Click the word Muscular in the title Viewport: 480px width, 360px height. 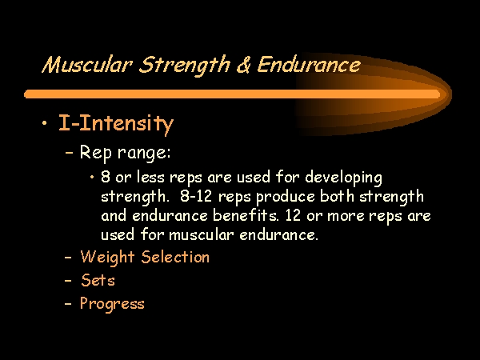pos(87,64)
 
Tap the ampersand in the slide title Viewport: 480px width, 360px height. pos(243,64)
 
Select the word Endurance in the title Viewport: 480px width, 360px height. pos(309,64)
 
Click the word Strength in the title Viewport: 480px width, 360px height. pos(184,66)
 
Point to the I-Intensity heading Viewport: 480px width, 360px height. pos(116,124)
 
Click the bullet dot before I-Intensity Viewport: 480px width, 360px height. pos(45,123)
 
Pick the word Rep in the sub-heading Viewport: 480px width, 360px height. pos(96,153)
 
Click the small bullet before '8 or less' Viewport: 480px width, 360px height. pos(92,177)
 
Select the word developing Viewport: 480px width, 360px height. pos(343,178)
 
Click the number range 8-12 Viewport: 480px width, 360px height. pos(196,197)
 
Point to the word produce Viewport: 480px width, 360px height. pos(286,198)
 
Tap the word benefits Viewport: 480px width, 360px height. pos(246,215)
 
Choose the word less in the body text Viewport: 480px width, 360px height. pos(150,177)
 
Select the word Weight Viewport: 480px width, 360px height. pos(107,258)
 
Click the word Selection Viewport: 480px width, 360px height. pos(175,257)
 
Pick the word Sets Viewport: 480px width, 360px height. pos(98,280)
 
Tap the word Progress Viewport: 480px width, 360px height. pos(112,305)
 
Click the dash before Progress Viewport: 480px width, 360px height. pos(68,304)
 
